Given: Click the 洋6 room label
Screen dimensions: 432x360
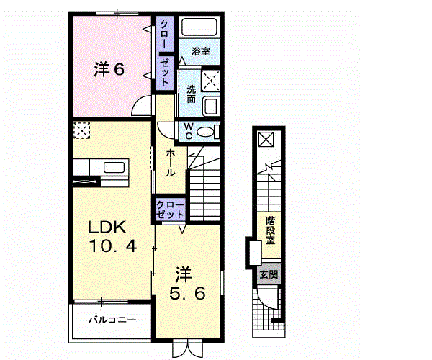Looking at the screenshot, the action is tap(109, 69).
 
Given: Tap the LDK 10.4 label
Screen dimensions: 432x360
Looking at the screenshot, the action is tap(112, 237).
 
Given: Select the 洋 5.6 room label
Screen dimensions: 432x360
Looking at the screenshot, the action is tap(187, 284).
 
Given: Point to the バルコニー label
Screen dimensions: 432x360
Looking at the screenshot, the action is tap(112, 320).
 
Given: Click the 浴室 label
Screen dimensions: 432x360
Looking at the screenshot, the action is tap(201, 51).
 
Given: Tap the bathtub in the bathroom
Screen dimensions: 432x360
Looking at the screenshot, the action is tap(199, 27).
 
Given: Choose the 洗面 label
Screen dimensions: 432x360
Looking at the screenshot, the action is tap(191, 94).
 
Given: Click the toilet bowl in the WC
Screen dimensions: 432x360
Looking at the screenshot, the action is tap(205, 132).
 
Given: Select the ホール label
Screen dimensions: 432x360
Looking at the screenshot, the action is tap(170, 163).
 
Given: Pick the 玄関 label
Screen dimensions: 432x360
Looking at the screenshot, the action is tap(269, 274).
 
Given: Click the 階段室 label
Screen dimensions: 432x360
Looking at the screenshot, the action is tap(270, 230).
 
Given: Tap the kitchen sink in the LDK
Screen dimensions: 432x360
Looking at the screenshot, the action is tap(114, 168).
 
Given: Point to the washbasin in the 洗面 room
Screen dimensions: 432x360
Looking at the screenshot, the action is tap(211, 107).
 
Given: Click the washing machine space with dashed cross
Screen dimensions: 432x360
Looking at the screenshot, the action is tap(210, 81).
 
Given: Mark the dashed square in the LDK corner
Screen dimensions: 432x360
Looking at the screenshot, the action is tap(82, 130).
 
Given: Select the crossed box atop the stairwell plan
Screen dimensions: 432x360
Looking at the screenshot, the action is tap(266, 140).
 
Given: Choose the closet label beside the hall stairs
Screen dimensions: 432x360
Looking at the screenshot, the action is tap(170, 210).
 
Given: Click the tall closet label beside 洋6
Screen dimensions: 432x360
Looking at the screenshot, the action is tap(165, 53).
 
